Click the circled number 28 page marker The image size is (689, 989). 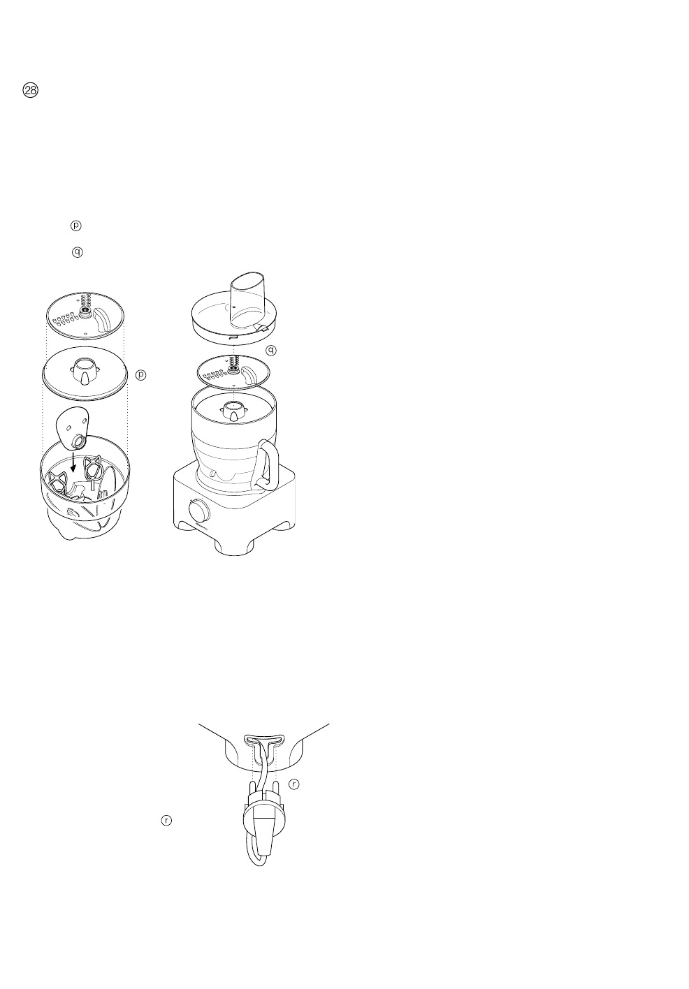(x=31, y=91)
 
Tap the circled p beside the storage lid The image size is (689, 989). (x=140, y=375)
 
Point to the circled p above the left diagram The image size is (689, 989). (x=76, y=226)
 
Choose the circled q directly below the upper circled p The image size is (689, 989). (x=77, y=251)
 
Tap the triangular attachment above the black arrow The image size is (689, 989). (x=73, y=427)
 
